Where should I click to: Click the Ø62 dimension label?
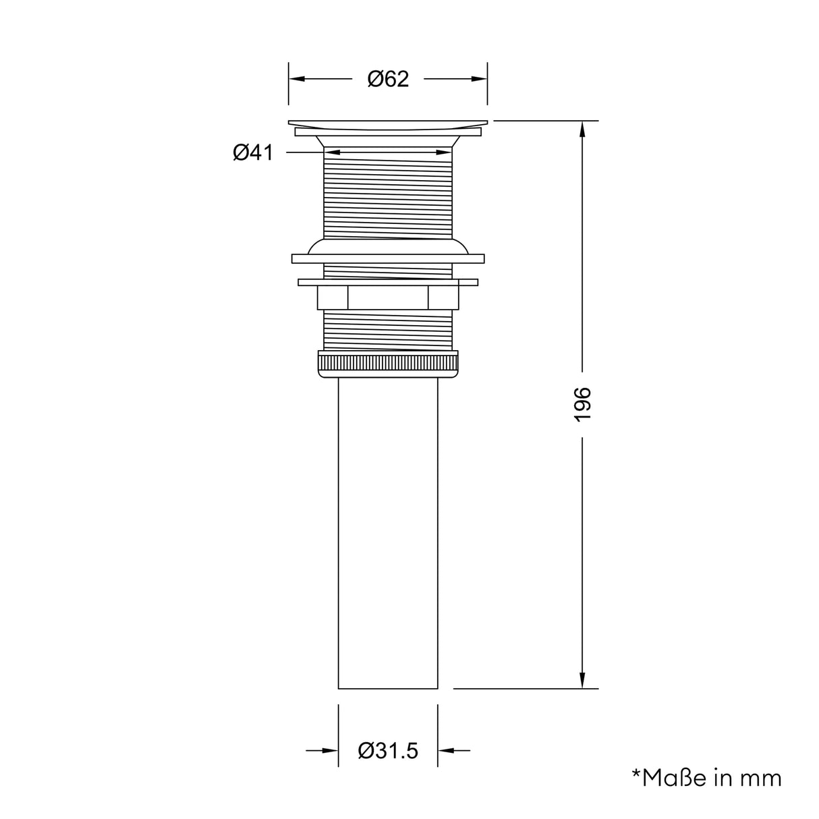click(388, 79)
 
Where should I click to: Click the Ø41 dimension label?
click(253, 153)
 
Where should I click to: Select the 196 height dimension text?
click(582, 405)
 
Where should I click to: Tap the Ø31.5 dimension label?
click(388, 750)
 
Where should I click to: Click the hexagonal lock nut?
click(388, 298)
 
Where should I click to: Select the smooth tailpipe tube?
click(388, 533)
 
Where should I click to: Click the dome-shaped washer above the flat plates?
click(388, 246)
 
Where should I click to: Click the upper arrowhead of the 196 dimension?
click(582, 128)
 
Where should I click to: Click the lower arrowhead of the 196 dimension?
click(582, 681)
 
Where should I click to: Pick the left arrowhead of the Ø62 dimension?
click(297, 79)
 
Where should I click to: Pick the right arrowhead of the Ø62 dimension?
click(480, 79)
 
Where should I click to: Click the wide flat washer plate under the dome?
click(388, 258)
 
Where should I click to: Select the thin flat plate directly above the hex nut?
click(388, 282)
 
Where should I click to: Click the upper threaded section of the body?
click(388, 196)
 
